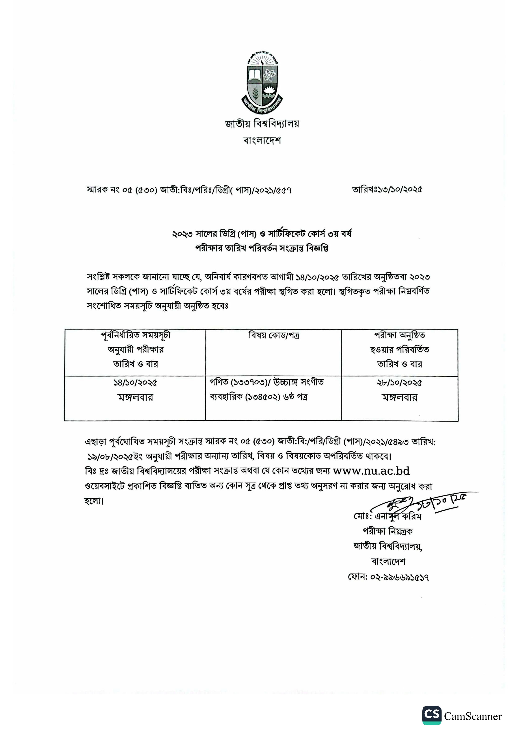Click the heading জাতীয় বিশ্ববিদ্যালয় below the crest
[262, 123]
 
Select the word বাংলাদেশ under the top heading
[262, 140]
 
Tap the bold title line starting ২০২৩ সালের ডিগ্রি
[262, 234]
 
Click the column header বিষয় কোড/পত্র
[274, 335]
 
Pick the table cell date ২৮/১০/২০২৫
[399, 382]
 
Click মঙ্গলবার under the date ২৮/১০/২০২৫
[399, 398]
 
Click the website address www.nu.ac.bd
[371, 471]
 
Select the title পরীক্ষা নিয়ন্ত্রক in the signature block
[387, 531]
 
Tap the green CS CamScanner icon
[432, 715]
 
